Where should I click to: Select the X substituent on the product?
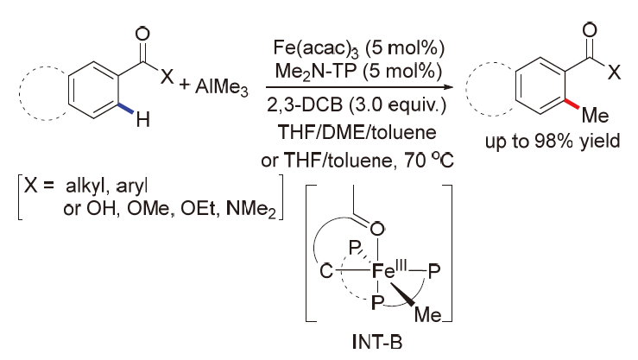(612, 75)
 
